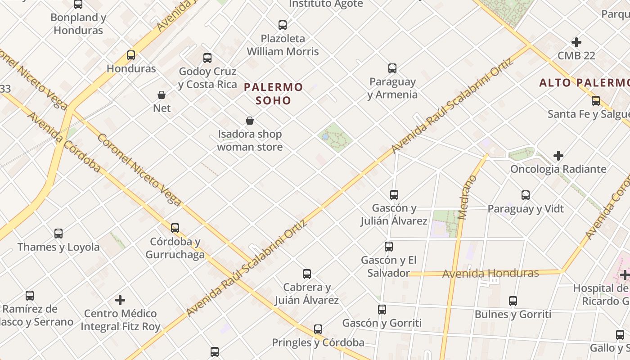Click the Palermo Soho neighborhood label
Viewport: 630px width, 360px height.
point(274,93)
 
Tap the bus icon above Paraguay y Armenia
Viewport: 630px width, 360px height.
point(392,68)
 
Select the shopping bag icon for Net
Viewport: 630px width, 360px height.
point(162,95)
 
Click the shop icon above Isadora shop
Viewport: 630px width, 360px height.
point(250,121)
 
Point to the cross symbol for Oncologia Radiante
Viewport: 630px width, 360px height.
point(558,156)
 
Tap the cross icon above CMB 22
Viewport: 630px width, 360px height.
point(576,42)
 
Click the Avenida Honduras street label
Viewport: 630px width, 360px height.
point(490,273)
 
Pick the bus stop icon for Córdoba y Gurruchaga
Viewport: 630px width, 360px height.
point(175,228)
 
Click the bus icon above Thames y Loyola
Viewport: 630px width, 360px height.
point(58,234)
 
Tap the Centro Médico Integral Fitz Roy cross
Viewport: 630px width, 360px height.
point(120,300)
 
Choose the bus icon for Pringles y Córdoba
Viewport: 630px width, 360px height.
point(318,329)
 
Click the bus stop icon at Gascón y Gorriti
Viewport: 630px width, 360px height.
point(382,310)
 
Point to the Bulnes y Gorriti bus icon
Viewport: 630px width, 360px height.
point(513,301)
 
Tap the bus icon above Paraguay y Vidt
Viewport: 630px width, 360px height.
point(526,195)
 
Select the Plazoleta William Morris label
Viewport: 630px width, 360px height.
point(283,45)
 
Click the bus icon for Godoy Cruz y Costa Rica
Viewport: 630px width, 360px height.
point(207,58)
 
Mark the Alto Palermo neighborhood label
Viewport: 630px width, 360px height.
point(584,83)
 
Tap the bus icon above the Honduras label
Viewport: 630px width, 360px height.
point(131,55)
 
